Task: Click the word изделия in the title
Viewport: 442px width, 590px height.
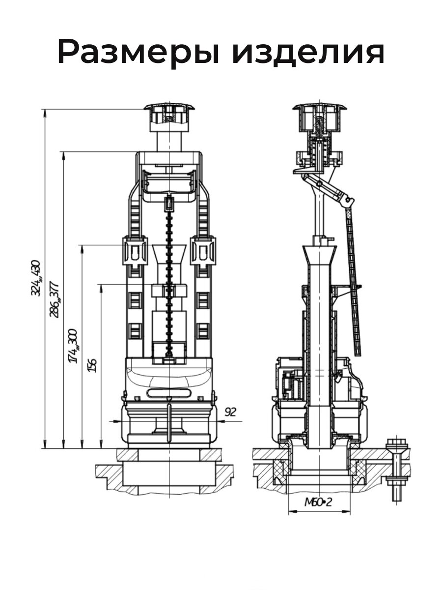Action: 308,52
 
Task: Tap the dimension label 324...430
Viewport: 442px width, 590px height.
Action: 36,278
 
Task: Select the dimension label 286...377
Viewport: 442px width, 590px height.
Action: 55,299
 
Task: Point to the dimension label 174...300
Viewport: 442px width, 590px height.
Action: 73,346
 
